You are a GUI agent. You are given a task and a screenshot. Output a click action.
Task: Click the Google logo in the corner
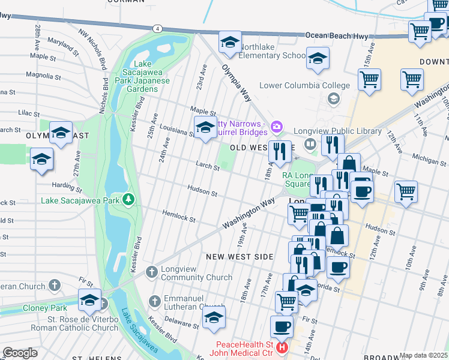coord(20,353)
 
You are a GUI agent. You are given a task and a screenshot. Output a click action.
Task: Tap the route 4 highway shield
coord(157,28)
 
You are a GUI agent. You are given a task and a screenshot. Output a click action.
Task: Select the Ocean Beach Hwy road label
coord(337,36)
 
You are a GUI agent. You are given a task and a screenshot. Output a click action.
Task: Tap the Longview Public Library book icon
coord(310,143)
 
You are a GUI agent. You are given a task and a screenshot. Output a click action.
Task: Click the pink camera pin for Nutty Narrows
coord(276,126)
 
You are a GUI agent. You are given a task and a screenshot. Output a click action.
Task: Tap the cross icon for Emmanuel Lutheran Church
coord(154,301)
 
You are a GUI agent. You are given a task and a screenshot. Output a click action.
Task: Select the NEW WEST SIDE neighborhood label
coord(240,257)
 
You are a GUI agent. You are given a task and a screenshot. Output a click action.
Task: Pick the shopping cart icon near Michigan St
coord(406,191)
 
